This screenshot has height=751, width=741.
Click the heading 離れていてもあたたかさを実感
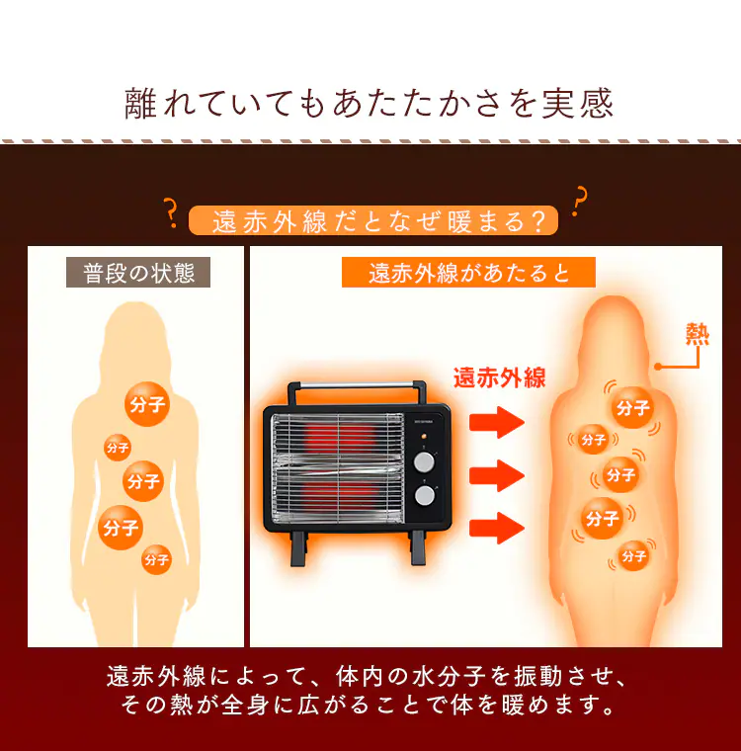click(x=370, y=103)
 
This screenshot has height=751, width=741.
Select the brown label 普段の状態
click(x=138, y=273)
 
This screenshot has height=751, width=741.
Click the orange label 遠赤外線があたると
click(x=468, y=273)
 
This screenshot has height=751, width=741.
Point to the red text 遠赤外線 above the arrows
click(x=499, y=377)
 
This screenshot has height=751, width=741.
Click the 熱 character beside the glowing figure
click(x=698, y=335)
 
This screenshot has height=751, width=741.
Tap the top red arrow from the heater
click(x=495, y=423)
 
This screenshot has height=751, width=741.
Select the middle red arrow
click(x=495, y=475)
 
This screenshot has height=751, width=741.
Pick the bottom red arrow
click(x=495, y=528)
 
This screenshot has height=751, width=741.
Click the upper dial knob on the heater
click(x=426, y=461)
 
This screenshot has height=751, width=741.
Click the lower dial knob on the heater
click(x=426, y=495)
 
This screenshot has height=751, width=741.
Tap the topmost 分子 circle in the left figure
click(x=146, y=403)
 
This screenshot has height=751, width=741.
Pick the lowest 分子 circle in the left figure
click(x=156, y=559)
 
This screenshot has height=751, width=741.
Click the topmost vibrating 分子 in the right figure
click(x=632, y=407)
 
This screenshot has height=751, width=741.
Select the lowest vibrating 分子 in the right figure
click(x=633, y=556)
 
